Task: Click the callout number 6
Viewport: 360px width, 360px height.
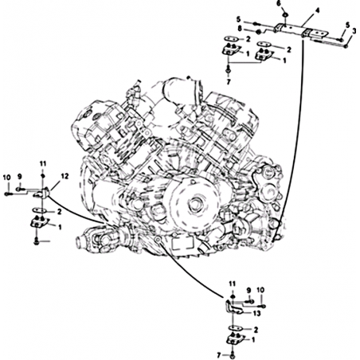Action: pos(279,3)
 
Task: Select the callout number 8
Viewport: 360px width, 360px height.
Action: pos(240,29)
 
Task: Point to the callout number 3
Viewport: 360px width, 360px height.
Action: pos(354,31)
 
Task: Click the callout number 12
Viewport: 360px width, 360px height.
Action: pos(65,176)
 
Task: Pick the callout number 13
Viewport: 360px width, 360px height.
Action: pos(256,314)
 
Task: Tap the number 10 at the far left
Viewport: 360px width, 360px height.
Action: pos(7,177)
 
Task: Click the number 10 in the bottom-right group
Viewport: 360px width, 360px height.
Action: pos(260,290)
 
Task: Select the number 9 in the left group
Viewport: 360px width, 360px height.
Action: pos(19,176)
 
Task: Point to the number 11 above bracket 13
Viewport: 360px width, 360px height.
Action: pos(233,284)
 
